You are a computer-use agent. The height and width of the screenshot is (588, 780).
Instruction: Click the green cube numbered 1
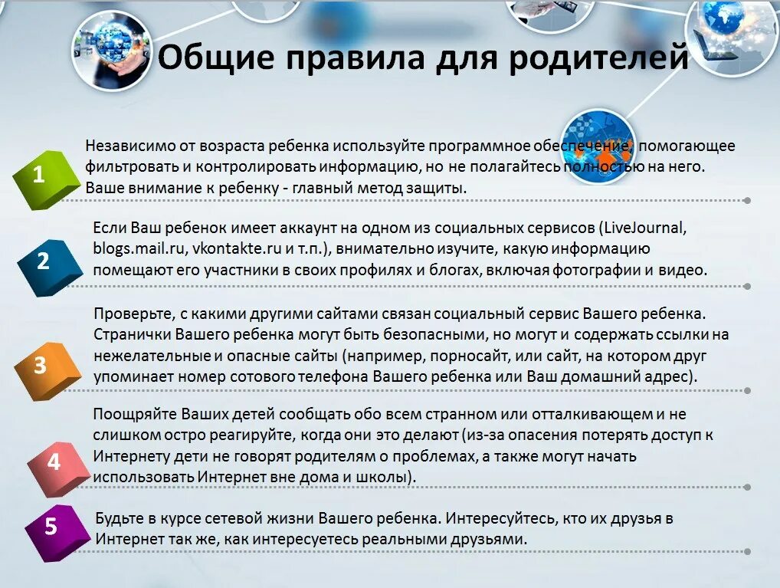(44, 180)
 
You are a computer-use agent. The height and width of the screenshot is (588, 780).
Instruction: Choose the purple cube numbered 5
(54, 528)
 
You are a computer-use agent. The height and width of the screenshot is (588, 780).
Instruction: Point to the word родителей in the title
(598, 57)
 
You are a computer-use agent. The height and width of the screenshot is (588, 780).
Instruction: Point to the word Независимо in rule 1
(124, 146)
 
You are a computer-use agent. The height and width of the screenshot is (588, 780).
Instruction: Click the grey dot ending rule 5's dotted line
(747, 551)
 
